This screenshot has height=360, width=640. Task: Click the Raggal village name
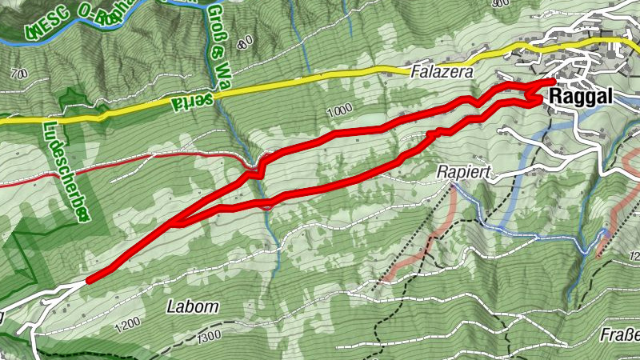(581, 97)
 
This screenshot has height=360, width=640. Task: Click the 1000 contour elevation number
(338, 110)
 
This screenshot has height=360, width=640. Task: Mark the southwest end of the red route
(88, 280)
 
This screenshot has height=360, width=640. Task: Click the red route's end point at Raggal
(553, 81)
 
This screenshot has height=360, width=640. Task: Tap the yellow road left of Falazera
(320, 78)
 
